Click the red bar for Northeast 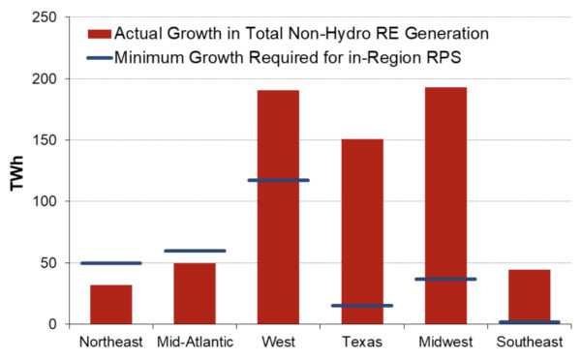110,304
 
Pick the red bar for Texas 361,232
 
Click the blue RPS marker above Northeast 110,262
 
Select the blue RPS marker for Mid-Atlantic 195,251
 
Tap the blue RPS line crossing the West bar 278,180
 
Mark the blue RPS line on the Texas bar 361,306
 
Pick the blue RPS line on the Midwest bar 445,280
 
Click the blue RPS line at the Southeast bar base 529,322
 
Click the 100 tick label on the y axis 52,201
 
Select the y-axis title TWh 18,170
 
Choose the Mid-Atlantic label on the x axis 195,342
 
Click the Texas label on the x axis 361,342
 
